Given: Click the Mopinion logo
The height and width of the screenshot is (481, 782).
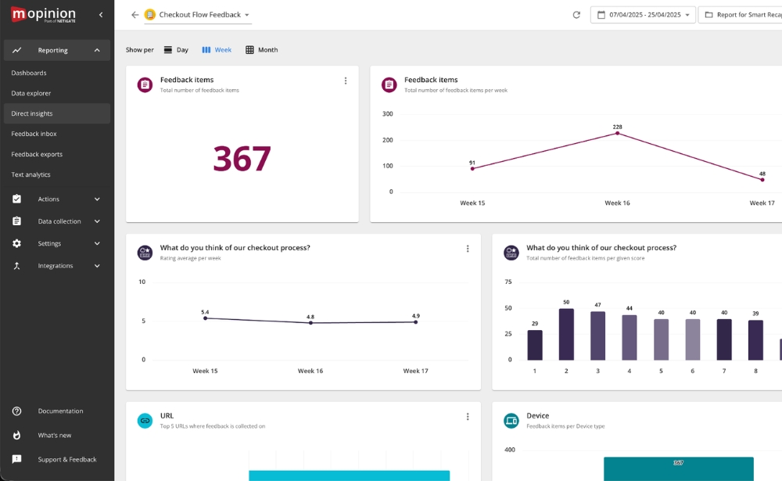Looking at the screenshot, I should click(43, 14).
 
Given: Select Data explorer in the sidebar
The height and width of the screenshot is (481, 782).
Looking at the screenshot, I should click(31, 93).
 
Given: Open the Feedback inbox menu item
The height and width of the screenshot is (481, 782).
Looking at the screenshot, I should click(34, 134).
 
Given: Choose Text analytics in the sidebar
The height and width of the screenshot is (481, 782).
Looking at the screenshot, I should click(30, 174).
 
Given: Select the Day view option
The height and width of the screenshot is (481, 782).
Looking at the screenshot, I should click(176, 50).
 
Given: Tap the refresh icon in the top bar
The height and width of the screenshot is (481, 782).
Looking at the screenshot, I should click(576, 15).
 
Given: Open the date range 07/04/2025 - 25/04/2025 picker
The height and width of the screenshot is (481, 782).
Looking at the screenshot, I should click(643, 15).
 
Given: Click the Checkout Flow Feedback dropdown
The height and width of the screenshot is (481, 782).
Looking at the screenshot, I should click(198, 15).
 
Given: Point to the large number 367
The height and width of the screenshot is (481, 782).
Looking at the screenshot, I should click(242, 159).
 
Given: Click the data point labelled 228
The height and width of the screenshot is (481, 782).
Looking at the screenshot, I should click(617, 133).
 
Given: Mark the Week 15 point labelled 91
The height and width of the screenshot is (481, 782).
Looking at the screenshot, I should click(472, 168).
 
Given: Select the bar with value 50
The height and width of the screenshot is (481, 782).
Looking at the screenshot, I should click(566, 334).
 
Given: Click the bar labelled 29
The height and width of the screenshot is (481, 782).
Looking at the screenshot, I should click(535, 345).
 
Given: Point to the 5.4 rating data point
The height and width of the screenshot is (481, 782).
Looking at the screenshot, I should click(205, 318).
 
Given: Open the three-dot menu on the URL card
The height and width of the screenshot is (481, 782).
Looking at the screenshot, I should click(468, 417).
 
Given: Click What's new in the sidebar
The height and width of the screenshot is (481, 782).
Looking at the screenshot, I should click(55, 435).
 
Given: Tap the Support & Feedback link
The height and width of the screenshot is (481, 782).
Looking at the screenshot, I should click(66, 459).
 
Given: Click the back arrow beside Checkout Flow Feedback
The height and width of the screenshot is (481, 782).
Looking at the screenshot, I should click(135, 15).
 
